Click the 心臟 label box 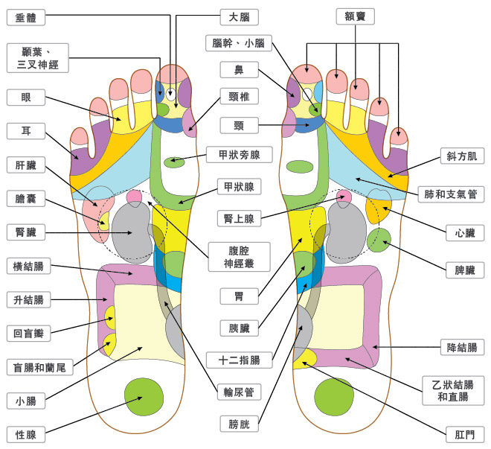(x=465, y=233)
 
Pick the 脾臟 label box (x=465, y=270)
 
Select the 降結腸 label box (x=460, y=346)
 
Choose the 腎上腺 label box (x=239, y=219)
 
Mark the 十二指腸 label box (x=239, y=360)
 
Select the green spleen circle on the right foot (x=379, y=240)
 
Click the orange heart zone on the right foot (x=379, y=210)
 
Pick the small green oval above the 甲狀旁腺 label (x=174, y=161)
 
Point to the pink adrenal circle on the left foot (x=135, y=197)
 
